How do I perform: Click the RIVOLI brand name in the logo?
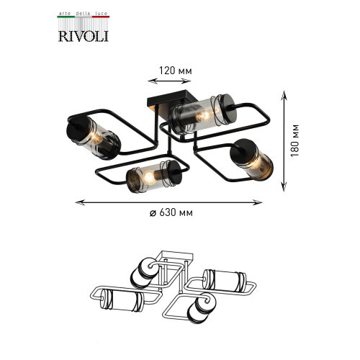[x=84, y=36]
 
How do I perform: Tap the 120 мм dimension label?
[x=176, y=71]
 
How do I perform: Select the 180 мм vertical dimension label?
[x=295, y=140]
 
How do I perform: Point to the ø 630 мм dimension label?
[x=171, y=212]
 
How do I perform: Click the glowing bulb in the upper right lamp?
[x=204, y=116]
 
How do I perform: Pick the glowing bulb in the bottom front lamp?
[x=149, y=178]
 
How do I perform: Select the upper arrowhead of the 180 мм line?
[x=284, y=95]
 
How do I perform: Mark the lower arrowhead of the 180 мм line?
[x=284, y=187]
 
